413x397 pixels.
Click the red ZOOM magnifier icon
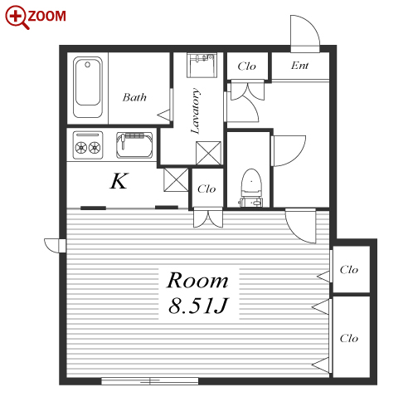click(x=17, y=17)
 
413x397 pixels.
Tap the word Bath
click(x=134, y=97)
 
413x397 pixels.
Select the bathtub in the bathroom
click(x=88, y=87)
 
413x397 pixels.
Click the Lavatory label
click(x=196, y=110)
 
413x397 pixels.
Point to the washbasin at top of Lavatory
click(x=202, y=65)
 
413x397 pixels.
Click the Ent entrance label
click(x=299, y=66)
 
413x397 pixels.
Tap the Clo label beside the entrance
click(x=246, y=66)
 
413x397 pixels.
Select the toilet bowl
click(x=251, y=188)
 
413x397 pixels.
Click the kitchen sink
click(x=134, y=145)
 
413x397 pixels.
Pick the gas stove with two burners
click(x=88, y=145)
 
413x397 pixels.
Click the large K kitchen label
click(x=119, y=181)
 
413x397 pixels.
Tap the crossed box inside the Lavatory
click(x=208, y=153)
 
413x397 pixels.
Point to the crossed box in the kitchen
click(x=176, y=179)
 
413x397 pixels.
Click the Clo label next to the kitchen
click(x=206, y=189)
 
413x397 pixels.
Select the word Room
click(x=198, y=281)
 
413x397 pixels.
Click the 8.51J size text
click(x=198, y=306)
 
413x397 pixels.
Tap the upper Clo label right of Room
click(x=349, y=270)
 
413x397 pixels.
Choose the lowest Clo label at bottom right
click(x=349, y=338)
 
